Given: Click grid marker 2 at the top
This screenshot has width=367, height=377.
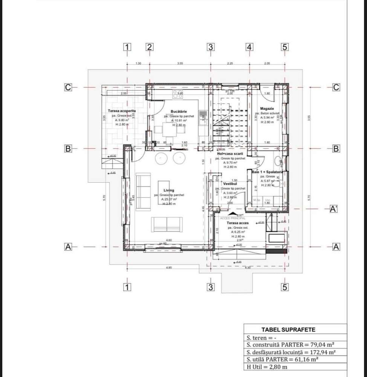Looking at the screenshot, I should point(150,47).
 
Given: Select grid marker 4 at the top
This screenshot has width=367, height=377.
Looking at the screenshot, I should point(249,47).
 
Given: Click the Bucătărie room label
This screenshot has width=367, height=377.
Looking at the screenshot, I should point(179,112).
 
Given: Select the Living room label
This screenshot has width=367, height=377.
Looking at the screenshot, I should point(169,191).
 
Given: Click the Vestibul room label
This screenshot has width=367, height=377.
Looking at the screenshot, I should point(230,184).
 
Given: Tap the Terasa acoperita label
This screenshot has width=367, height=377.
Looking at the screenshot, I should point(122,111).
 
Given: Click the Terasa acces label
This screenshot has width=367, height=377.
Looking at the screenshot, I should point(238,223).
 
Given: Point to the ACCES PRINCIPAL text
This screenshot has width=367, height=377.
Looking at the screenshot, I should point(230,218).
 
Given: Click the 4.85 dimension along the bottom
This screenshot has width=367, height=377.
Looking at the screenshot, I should point(169,268).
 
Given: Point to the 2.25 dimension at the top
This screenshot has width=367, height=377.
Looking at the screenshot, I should point(230,63).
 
